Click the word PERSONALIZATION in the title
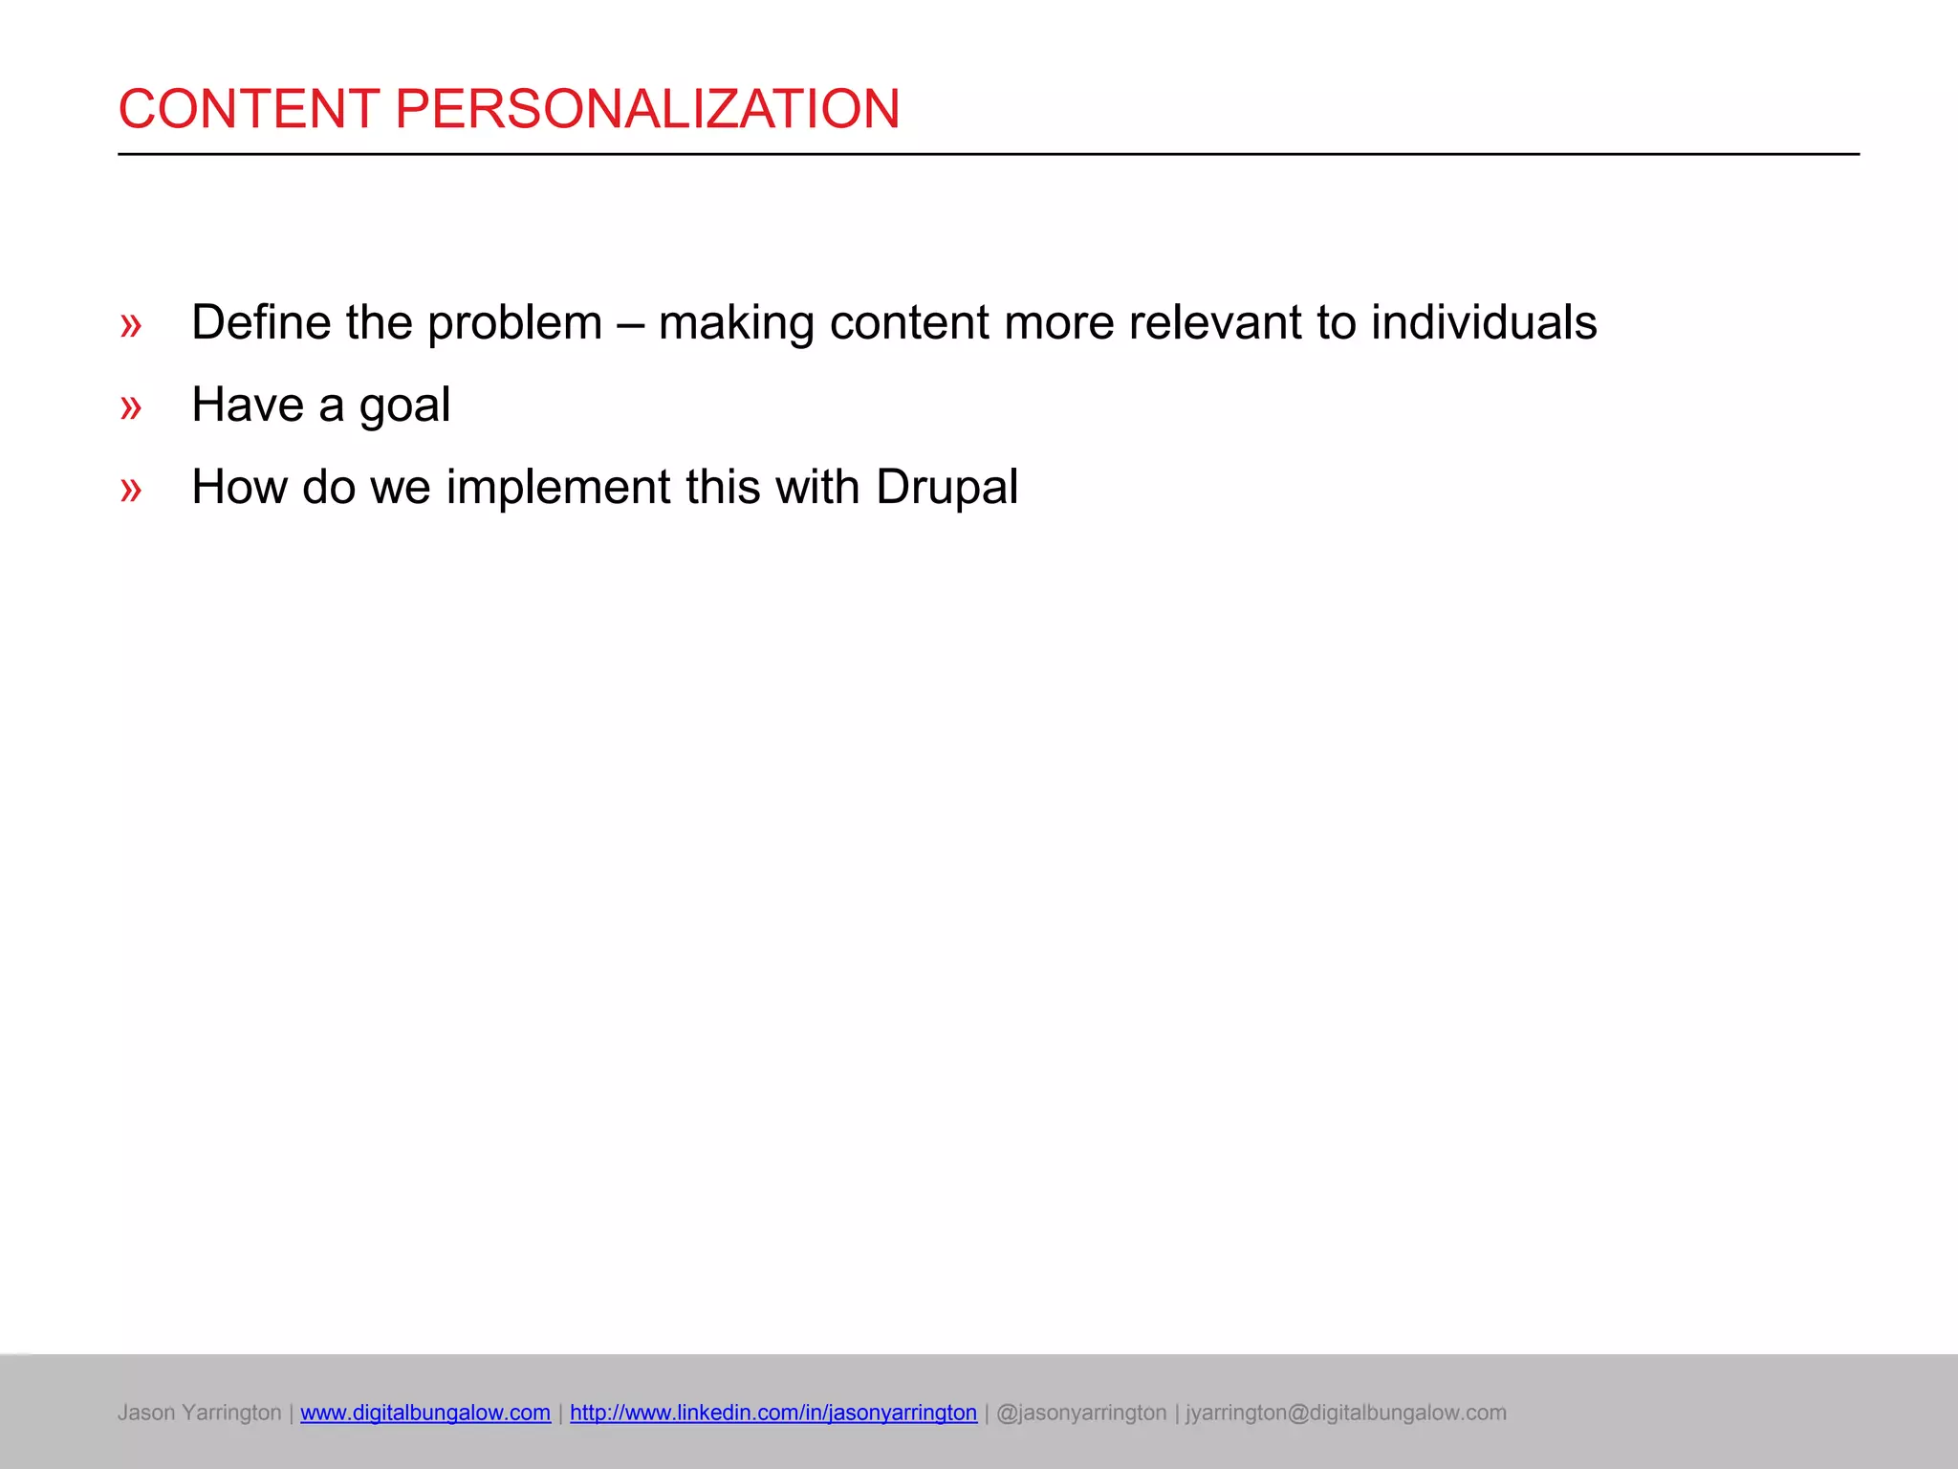(646, 108)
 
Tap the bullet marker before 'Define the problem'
(131, 325)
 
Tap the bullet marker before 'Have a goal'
(131, 407)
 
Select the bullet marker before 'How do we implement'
(131, 490)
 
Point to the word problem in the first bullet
(514, 322)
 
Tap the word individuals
(1484, 322)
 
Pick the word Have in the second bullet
(247, 405)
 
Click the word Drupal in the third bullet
(946, 488)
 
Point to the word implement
(558, 488)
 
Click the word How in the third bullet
(239, 487)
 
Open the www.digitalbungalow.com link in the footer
(425, 1413)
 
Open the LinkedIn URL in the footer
(773, 1413)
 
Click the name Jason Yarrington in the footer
(199, 1413)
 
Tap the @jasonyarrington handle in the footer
(1081, 1413)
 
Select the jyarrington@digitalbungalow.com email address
(1346, 1413)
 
